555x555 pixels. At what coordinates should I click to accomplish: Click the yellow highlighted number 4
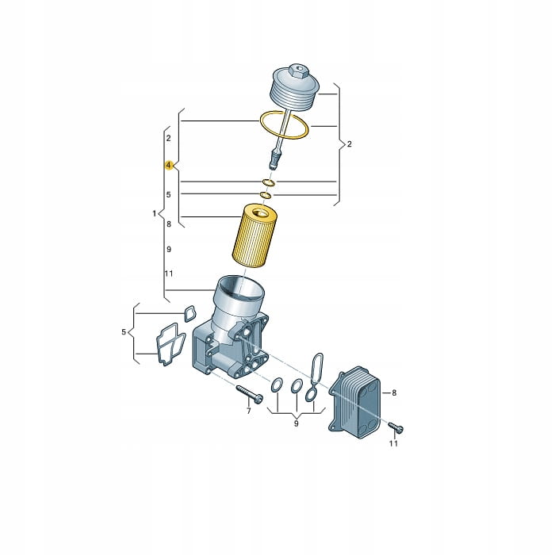click(x=169, y=165)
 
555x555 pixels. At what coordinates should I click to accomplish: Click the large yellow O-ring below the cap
click(x=284, y=125)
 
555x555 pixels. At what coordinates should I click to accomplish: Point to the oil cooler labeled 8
click(x=354, y=402)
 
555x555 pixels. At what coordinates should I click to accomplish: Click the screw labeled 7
click(x=249, y=393)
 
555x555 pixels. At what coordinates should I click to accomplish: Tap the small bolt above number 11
click(x=396, y=427)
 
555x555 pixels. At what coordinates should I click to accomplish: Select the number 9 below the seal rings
click(x=297, y=423)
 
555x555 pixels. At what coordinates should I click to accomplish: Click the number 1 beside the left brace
click(x=155, y=213)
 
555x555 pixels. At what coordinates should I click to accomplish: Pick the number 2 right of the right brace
click(x=350, y=144)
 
